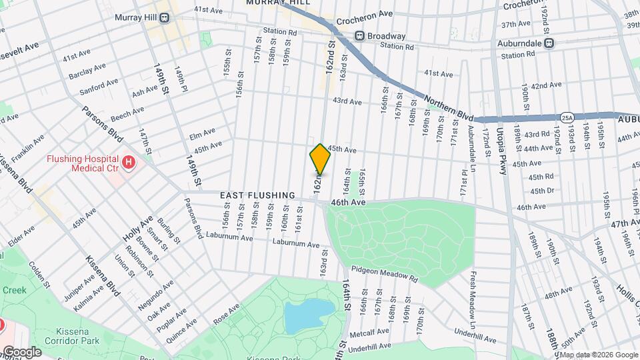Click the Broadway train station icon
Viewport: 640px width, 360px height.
pyautogui.click(x=359, y=36)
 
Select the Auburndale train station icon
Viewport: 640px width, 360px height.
pyautogui.click(x=549, y=43)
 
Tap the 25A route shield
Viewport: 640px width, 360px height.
pyautogui.click(x=567, y=117)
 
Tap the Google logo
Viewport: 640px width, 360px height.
pyautogui.click(x=21, y=351)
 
